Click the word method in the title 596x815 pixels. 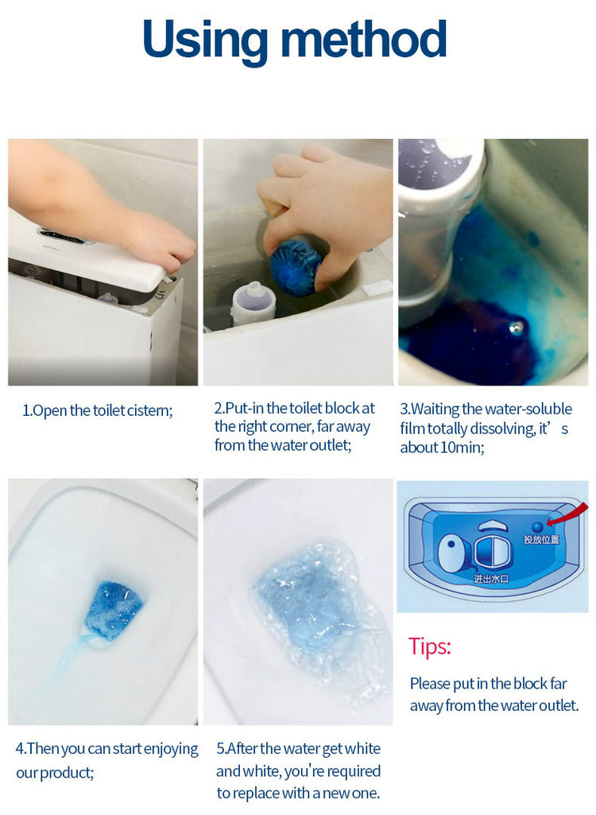[366, 41]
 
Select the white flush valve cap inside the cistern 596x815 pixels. [253, 301]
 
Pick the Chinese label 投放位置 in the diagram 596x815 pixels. [541, 540]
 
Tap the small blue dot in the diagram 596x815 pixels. [538, 525]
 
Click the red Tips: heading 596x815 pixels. [430, 646]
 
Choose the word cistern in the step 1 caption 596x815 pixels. [148, 411]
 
